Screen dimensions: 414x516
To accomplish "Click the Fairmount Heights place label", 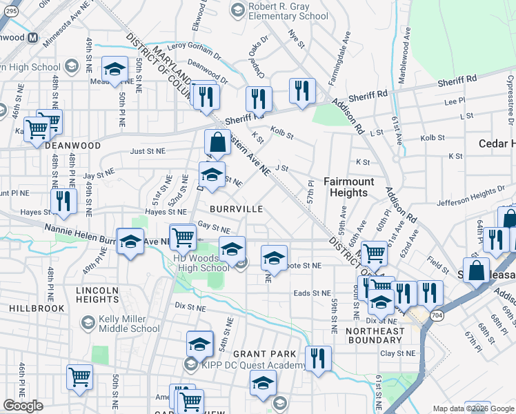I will pos(349,187).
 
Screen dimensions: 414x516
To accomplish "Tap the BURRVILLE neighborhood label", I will pos(236,208).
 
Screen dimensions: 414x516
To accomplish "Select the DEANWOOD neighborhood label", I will pos(72,146).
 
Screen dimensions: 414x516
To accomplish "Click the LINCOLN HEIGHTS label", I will pos(97,295).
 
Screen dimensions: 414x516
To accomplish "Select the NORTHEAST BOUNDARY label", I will pos(375,336).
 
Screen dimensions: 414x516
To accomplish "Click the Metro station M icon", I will pos(32,38).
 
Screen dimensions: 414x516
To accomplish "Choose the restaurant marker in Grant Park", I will pos(318,358).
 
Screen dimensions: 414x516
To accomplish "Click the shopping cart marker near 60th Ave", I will pos(373,253).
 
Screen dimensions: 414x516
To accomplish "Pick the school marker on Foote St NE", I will pos(274,258).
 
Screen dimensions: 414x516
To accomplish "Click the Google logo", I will pos(23,405).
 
